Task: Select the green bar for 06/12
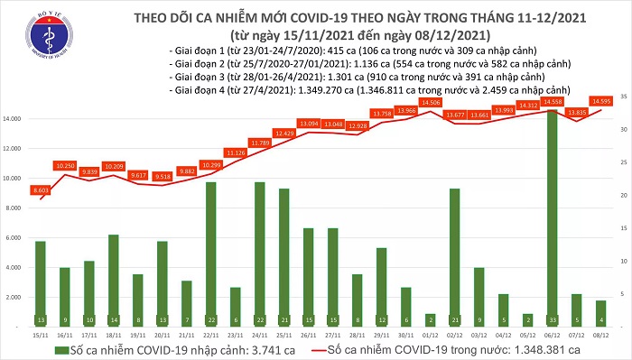(552, 217)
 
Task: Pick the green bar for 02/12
(455, 256)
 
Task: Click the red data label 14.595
(601, 101)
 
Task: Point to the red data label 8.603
(40, 190)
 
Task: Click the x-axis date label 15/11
(40, 334)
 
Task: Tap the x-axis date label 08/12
(601, 334)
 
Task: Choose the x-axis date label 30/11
(406, 334)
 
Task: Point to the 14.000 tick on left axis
(14, 119)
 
